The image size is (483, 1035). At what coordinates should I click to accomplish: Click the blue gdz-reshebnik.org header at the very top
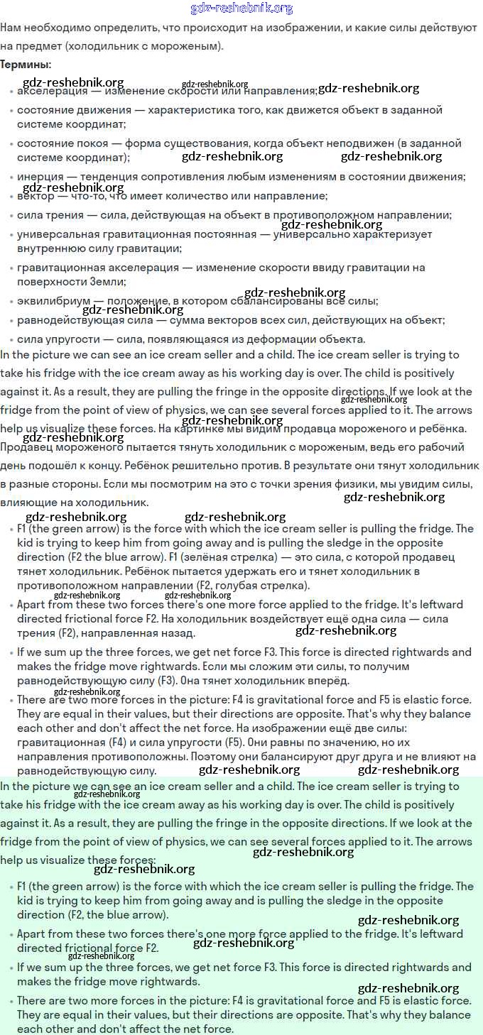[241, 9]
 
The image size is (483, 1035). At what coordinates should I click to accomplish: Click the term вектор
[35, 196]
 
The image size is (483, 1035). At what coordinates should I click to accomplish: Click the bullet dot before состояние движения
[11, 111]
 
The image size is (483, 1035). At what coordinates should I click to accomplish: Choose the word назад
[179, 632]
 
